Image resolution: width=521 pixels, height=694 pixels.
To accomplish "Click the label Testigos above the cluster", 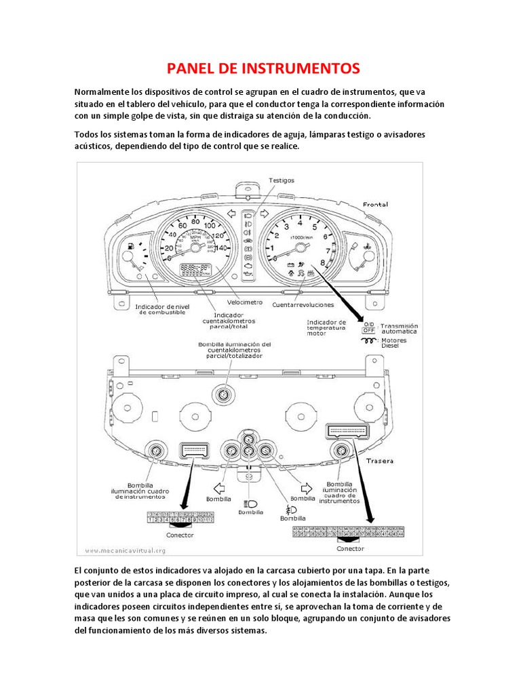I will click(x=281, y=181).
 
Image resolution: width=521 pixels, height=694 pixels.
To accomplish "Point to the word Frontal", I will click(x=375, y=204).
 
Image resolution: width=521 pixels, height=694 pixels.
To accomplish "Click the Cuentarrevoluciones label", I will click(x=299, y=305).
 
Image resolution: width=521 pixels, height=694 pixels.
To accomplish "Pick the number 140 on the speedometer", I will click(x=220, y=249).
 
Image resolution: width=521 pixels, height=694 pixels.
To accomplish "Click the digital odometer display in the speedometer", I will click(x=193, y=269).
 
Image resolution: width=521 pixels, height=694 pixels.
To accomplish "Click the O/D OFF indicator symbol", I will click(x=369, y=327).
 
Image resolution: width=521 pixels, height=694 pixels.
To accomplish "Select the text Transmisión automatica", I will click(x=400, y=329).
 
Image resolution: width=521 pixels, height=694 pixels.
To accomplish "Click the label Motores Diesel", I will click(x=393, y=344).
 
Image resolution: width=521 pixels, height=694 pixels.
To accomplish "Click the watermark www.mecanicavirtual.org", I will click(x=126, y=550).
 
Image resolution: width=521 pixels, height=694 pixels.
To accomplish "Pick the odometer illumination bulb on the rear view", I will click(x=222, y=394).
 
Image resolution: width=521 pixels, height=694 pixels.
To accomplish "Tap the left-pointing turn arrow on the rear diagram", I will click(x=218, y=487).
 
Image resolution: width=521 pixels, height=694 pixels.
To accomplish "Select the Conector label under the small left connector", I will click(x=180, y=535).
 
